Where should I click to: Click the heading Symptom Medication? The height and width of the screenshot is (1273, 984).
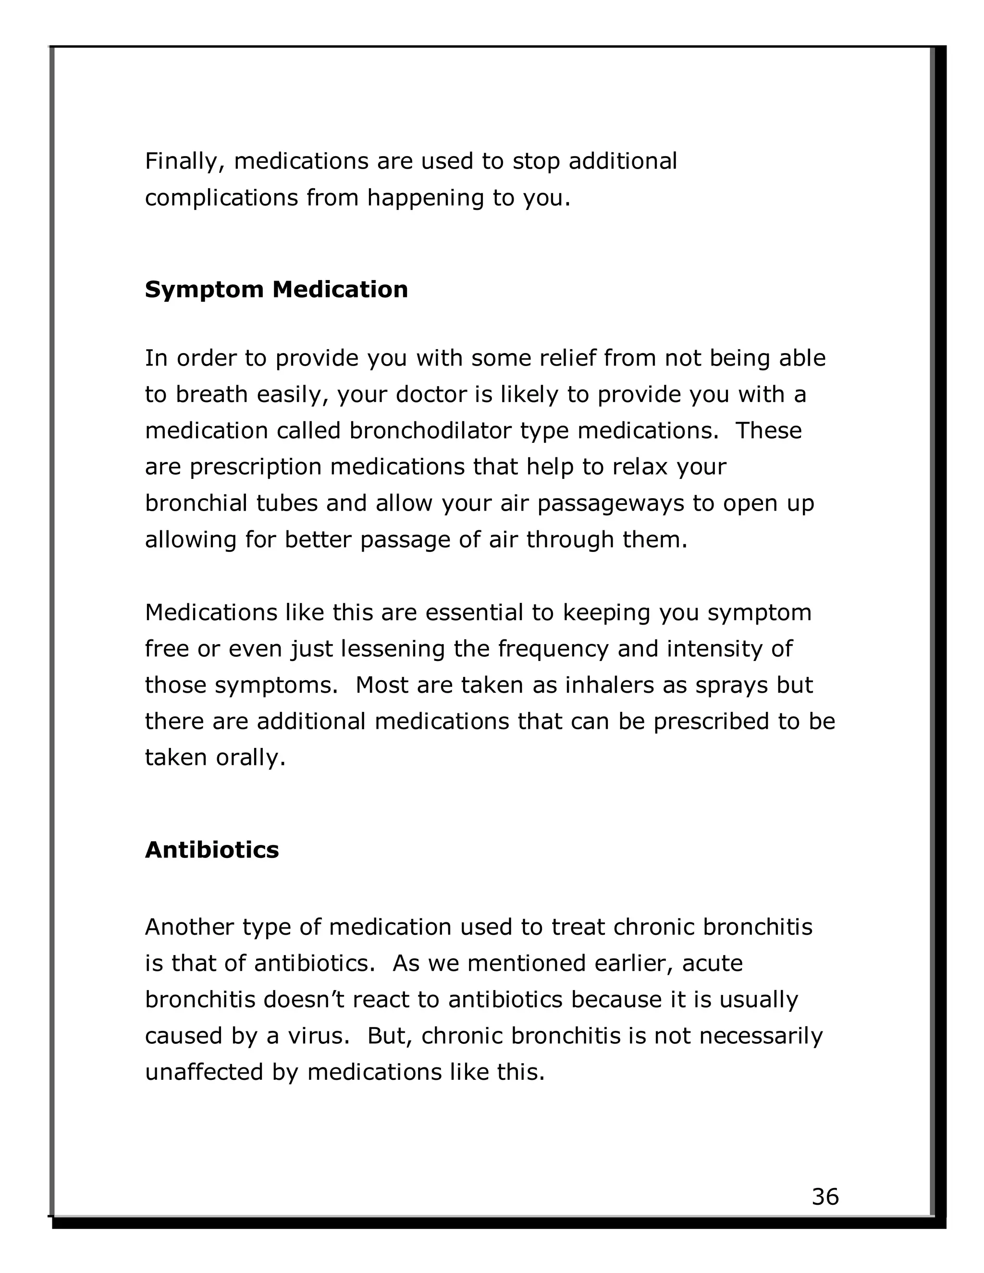(276, 290)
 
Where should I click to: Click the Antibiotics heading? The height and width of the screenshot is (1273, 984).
(211, 850)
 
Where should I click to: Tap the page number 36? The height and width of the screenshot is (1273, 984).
(825, 1197)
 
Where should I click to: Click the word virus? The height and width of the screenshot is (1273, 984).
(318, 1036)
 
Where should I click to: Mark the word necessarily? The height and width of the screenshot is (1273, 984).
(761, 1036)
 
